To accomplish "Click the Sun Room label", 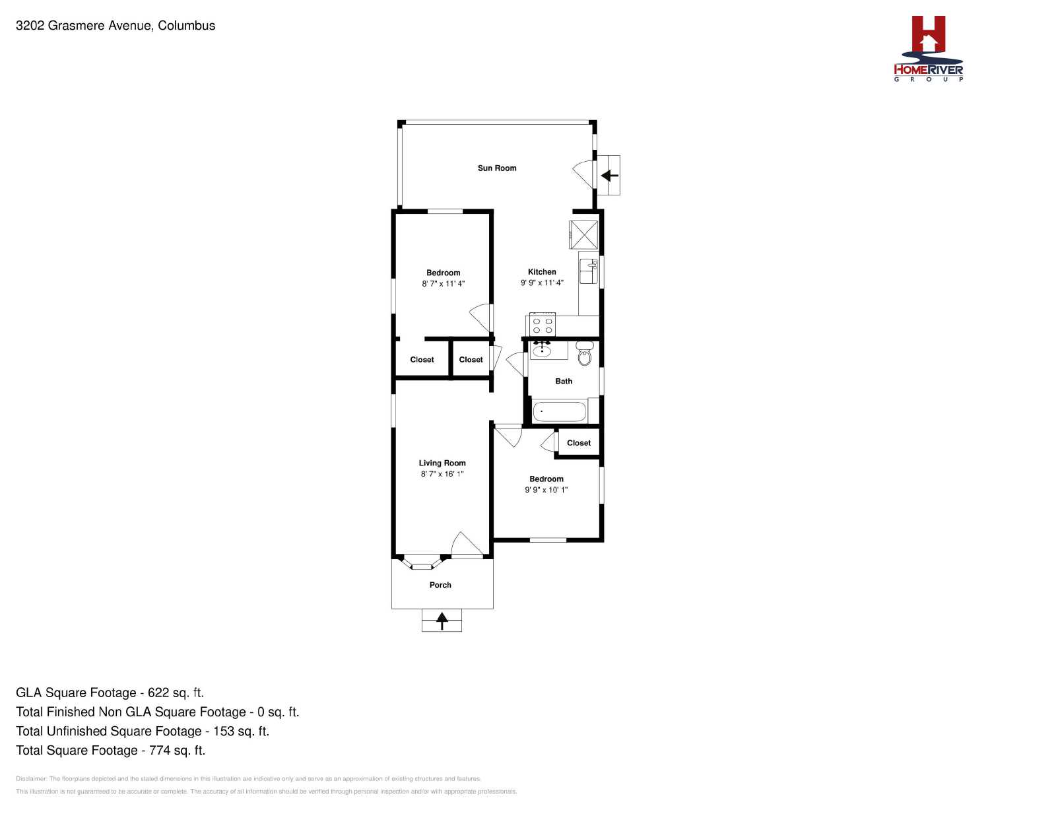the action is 497,168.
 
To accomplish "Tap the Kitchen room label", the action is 542,272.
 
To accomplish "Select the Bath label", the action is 564,381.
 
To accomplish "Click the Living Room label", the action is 442,463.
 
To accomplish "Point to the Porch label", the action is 440,585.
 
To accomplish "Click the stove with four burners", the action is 543,325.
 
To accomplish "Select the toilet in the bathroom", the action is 585,353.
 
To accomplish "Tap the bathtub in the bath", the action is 560,412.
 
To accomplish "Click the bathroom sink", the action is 542,350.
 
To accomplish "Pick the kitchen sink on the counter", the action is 589,271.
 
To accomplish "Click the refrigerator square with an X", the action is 583,235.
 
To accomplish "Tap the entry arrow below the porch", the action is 442,621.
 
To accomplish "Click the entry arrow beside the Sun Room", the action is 609,176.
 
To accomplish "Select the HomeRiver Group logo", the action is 928,49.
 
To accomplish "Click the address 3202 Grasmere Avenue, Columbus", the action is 115,26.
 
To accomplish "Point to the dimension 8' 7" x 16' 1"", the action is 442,474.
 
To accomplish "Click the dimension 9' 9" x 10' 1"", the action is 546,490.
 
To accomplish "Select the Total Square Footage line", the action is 111,751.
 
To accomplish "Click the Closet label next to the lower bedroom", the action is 579,443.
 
